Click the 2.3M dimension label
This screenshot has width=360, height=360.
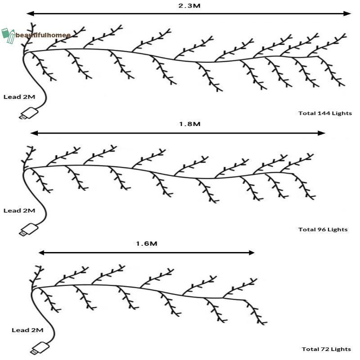(189, 5)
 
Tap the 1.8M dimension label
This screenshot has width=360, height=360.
(189, 124)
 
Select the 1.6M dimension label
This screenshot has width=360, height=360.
(147, 243)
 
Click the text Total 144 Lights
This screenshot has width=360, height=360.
(325, 113)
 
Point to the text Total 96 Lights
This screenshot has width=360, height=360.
(323, 229)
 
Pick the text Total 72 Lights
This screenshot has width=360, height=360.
(326, 349)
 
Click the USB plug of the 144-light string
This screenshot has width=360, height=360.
(28, 113)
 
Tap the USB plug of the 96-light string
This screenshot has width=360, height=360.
(28, 229)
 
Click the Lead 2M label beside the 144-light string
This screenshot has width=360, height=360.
(19, 97)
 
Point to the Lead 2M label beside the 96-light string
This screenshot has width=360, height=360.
(19, 211)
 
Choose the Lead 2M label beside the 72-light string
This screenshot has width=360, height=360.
(27, 330)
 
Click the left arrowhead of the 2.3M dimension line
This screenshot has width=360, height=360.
(30, 13)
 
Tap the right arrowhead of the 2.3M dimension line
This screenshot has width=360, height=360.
(347, 13)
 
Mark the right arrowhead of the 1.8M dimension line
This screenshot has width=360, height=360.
(321, 133)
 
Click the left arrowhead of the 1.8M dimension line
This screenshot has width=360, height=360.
(34, 133)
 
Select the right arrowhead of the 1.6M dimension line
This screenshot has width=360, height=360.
(252, 253)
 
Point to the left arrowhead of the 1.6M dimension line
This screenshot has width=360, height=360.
(41, 253)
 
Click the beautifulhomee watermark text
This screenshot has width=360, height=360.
(43, 35)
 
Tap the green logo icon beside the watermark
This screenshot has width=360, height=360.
(8, 36)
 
